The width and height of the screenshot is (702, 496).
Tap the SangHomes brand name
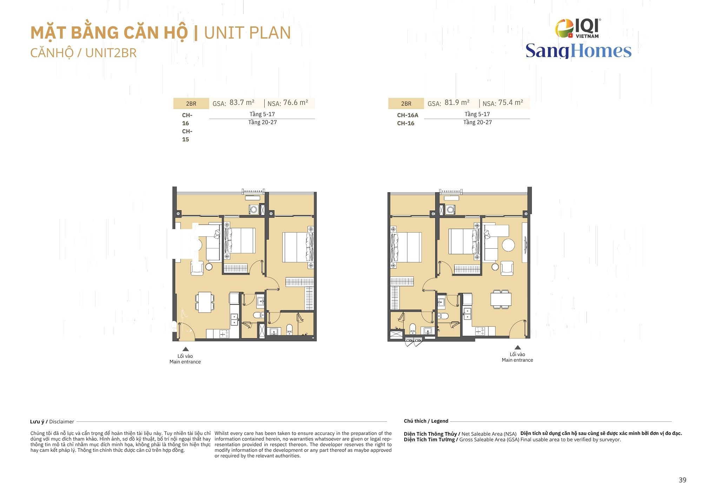point(578,51)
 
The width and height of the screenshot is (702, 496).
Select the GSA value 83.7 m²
point(242,102)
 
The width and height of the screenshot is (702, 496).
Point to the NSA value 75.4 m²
point(511,102)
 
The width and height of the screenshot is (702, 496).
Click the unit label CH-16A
point(408,115)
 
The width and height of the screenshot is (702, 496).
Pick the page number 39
point(682,480)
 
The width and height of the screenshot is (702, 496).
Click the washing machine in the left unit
point(253,210)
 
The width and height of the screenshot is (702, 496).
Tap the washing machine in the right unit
point(450,210)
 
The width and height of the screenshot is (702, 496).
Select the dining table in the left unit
point(205,302)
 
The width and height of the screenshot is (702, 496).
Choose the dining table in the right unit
point(501,299)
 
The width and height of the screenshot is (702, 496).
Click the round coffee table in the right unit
point(508,245)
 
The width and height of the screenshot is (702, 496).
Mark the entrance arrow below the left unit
point(186,349)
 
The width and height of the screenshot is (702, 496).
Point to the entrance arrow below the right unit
point(517,347)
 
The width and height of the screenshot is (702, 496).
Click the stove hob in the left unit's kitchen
point(224,334)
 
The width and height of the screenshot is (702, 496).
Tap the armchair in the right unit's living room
point(507,268)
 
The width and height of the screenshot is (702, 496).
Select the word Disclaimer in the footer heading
point(62,422)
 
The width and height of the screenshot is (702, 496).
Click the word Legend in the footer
point(440,421)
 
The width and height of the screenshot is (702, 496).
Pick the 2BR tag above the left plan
point(191,103)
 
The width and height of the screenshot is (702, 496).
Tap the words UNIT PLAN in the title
point(247,33)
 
